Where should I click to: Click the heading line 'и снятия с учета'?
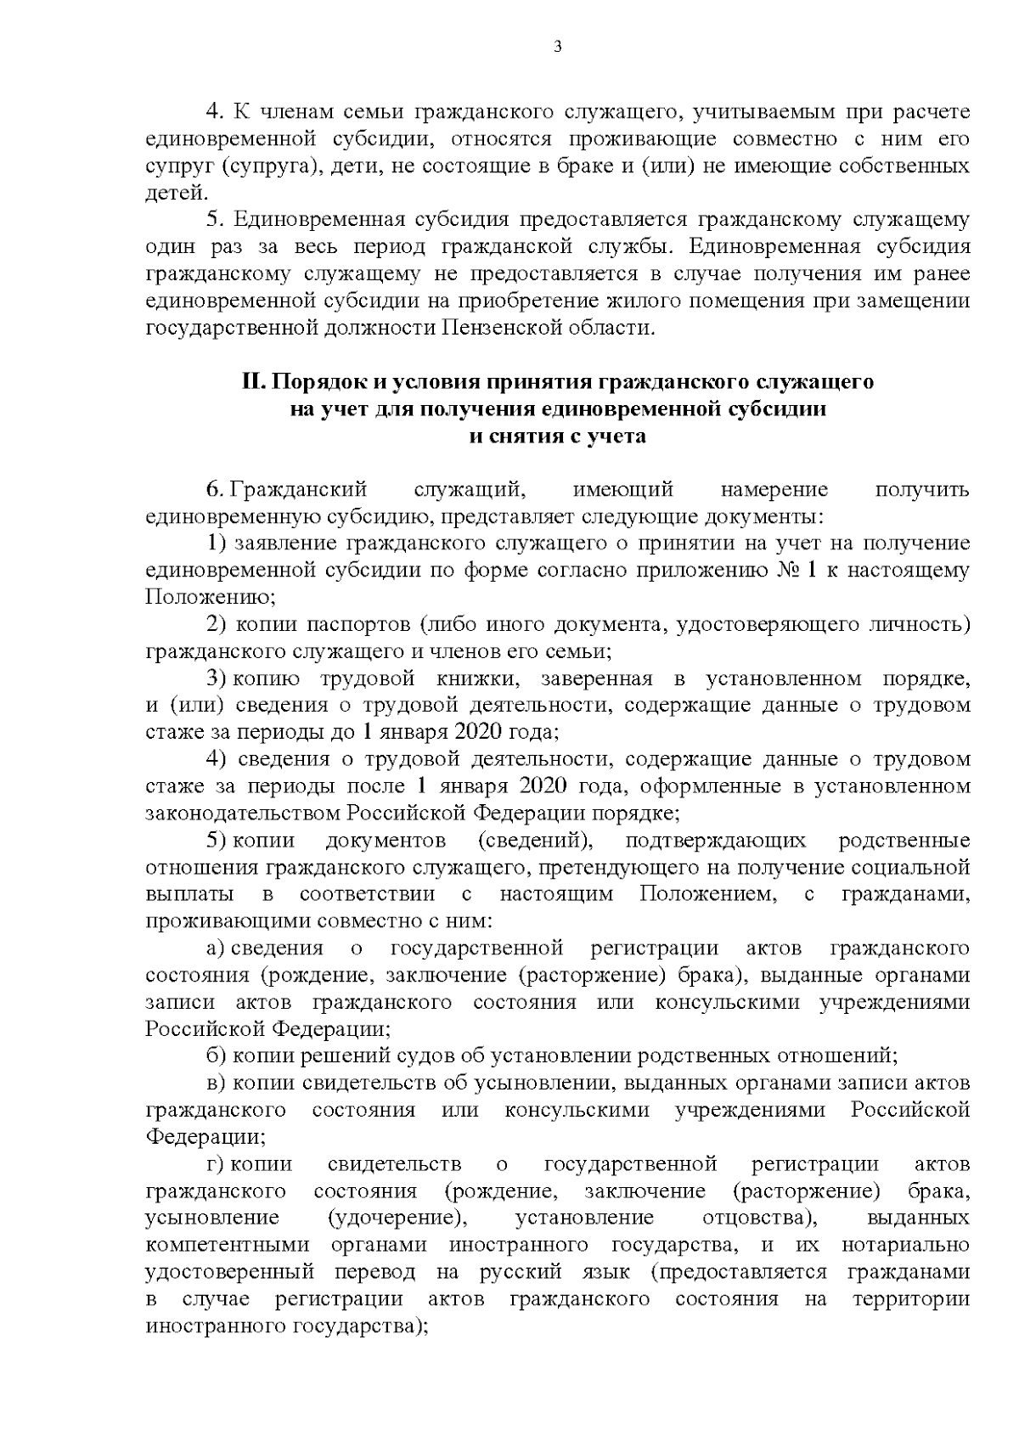pos(557,436)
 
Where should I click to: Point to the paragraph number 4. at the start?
pos(214,111)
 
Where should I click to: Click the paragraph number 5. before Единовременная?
pos(214,220)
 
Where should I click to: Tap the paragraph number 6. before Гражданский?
pos(214,490)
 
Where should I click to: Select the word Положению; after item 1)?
pos(211,597)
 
